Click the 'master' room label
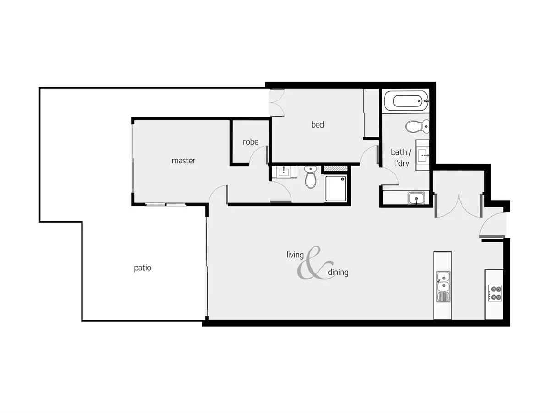[183, 161]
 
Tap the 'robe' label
[251, 142]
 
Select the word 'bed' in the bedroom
[318, 124]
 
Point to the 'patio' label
[143, 268]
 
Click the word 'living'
[295, 255]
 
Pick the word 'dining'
[338, 273]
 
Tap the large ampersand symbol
[314, 263]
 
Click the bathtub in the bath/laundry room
[405, 100]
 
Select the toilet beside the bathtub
[417, 125]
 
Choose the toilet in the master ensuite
[311, 177]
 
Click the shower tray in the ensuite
[336, 188]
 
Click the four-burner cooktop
[495, 292]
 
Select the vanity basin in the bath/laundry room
[423, 155]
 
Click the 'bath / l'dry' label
[401, 157]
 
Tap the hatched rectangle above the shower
[335, 169]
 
